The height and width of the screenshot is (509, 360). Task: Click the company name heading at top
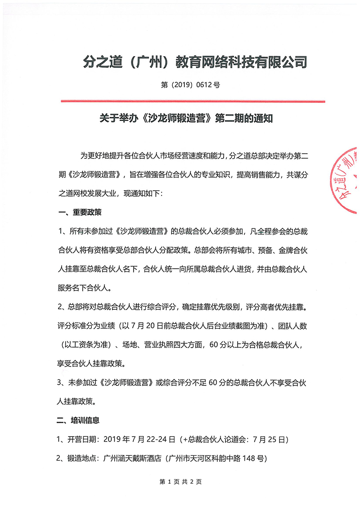(x=195, y=62)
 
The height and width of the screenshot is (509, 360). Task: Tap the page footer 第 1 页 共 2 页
(x=180, y=482)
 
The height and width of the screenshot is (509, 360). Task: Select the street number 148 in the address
(x=250, y=459)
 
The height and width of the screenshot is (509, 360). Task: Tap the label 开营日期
(x=82, y=439)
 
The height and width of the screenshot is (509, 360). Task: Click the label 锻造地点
(x=82, y=459)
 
